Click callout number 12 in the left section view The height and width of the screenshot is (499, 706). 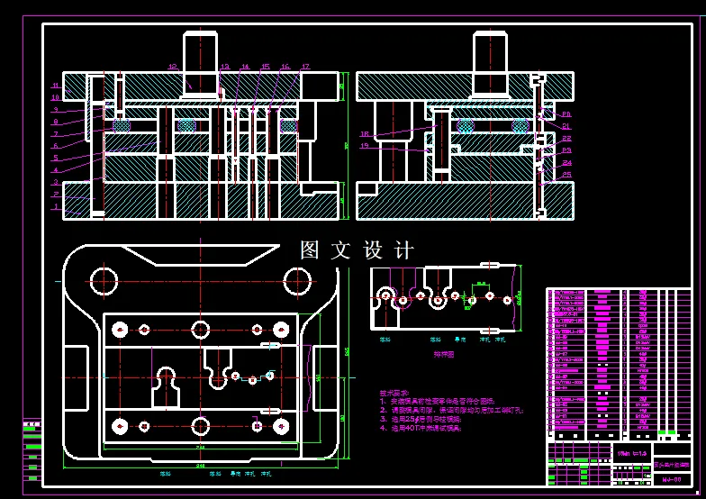tap(172, 66)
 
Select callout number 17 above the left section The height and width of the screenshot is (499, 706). tap(305, 67)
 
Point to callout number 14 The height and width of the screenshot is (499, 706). tap(245, 67)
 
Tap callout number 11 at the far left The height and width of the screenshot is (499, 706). tap(55, 86)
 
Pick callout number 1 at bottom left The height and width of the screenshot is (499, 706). tap(55, 206)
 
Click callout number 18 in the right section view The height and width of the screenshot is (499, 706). tap(364, 134)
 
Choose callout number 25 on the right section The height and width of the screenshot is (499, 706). tap(566, 174)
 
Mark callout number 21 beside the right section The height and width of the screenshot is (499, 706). tap(566, 127)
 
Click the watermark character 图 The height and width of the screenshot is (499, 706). tap(310, 249)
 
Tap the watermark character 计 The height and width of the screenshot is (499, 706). tap(404, 249)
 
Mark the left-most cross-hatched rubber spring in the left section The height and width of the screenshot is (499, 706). tap(120, 125)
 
